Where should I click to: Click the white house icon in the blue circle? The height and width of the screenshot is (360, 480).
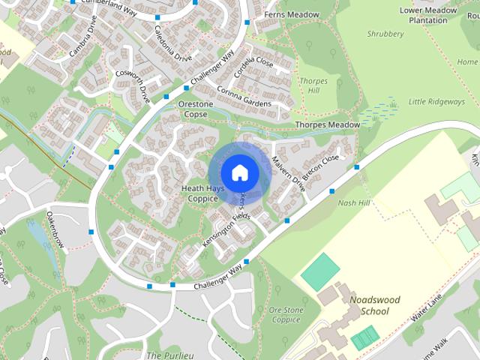pos(239,172)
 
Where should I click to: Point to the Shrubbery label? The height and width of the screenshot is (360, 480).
pos(386,34)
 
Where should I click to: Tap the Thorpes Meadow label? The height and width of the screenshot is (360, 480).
pos(328,124)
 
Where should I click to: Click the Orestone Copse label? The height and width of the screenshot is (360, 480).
pos(196,109)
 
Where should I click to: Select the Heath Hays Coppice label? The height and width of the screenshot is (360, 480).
pos(200,194)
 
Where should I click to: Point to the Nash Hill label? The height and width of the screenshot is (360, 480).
pos(354,202)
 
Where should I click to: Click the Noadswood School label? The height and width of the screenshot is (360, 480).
pos(375,305)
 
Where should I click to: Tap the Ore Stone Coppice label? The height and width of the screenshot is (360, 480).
pos(285,314)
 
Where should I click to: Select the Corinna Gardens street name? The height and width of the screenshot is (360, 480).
pos(244,94)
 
